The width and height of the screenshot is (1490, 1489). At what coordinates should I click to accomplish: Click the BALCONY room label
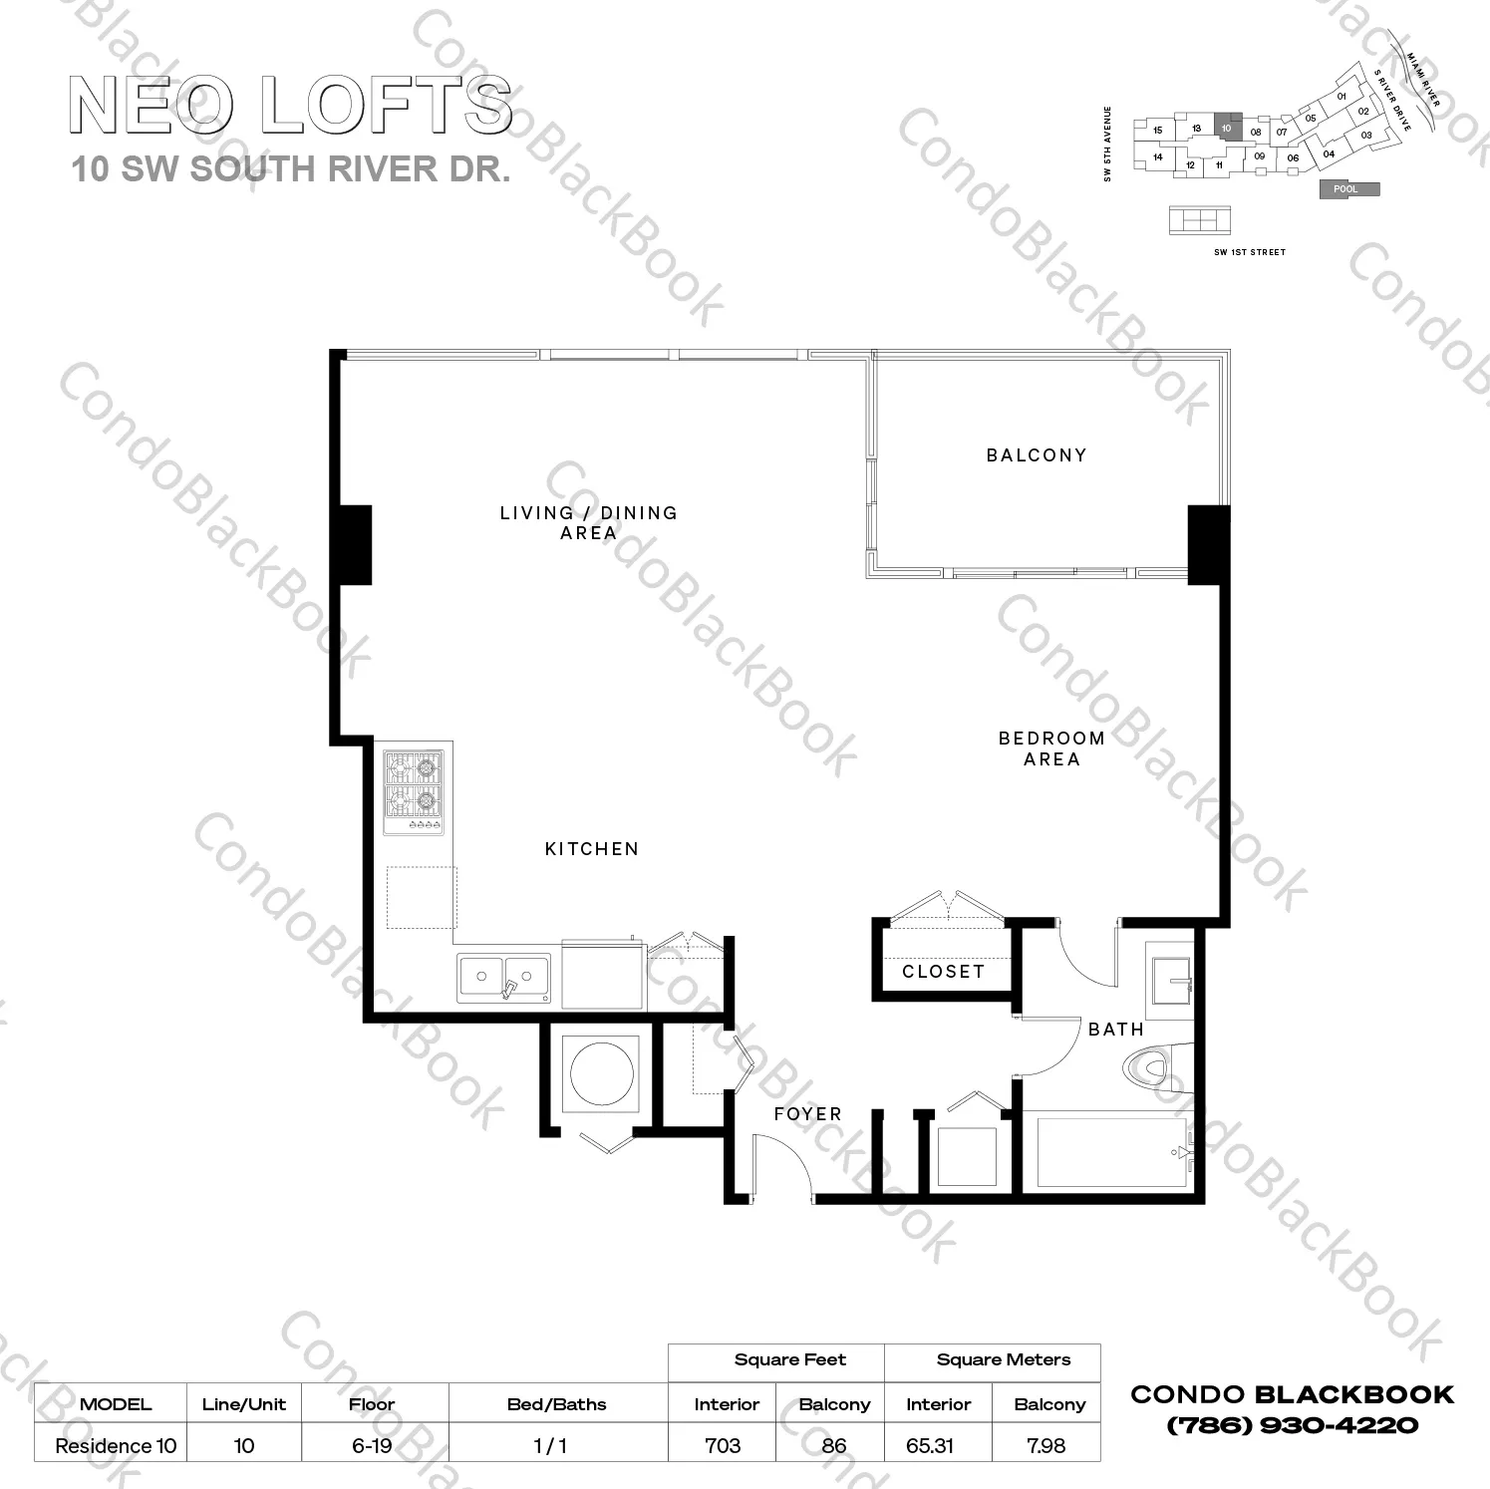click(x=1036, y=455)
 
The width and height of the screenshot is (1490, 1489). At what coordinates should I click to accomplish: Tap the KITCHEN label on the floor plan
click(x=591, y=849)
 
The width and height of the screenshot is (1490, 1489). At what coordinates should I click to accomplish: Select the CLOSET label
click(x=943, y=972)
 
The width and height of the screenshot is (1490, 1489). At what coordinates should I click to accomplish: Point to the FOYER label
click(x=807, y=1114)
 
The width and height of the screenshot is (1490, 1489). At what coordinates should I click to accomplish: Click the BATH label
click(x=1115, y=1030)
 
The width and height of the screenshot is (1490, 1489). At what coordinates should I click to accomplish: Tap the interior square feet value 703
click(x=723, y=1445)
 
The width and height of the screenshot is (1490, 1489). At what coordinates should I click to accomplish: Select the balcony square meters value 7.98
click(x=1045, y=1445)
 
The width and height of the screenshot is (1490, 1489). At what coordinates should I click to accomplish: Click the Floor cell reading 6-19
click(x=372, y=1445)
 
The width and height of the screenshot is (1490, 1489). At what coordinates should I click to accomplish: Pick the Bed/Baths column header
click(x=556, y=1404)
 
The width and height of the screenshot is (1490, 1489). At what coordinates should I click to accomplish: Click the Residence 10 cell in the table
click(x=116, y=1445)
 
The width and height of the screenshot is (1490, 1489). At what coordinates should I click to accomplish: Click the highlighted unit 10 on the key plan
click(x=1228, y=128)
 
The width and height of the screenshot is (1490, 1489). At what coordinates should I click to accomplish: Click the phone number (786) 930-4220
click(x=1292, y=1425)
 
